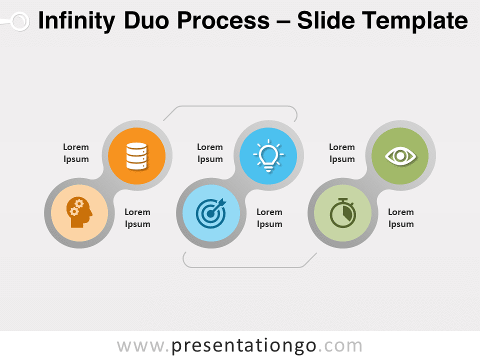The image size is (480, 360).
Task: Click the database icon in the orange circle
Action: coord(136,155)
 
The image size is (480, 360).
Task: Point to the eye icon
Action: coord(400,155)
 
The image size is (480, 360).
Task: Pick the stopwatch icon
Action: coord(343,212)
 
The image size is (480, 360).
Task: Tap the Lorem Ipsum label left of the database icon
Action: coord(76,153)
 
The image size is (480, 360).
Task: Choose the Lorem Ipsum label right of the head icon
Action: coord(137,218)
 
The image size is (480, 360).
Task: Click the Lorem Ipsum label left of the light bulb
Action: coord(210,153)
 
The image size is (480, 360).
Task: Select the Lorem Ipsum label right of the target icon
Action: coord(269,218)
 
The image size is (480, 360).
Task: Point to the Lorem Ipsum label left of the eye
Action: coord(342,153)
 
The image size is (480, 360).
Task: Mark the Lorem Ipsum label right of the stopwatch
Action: coord(401,218)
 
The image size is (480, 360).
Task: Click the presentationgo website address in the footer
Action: coord(239,345)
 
